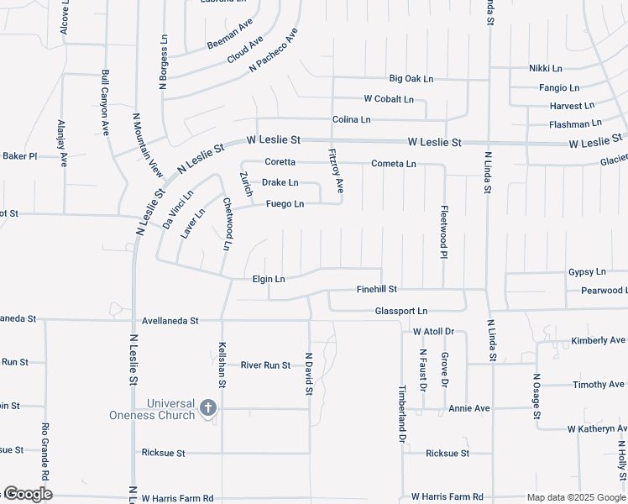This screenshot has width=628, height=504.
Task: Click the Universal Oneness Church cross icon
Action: [208, 409]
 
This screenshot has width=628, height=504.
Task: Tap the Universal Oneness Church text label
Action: [152, 409]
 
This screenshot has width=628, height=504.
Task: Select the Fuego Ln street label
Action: [285, 204]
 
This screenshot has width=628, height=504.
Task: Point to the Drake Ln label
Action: [280, 182]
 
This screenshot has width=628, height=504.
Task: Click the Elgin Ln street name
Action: [269, 279]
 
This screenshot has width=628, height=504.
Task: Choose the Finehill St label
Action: [376, 289]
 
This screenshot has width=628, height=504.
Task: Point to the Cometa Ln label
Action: [394, 164]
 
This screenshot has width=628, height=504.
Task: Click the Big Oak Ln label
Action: [411, 79]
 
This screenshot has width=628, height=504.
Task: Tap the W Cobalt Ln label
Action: [388, 99]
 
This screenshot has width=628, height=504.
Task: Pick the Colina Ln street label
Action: [351, 120]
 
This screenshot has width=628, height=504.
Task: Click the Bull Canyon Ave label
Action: [106, 102]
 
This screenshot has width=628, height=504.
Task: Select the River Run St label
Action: [264, 365]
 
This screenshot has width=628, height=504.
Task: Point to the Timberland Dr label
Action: [402, 414]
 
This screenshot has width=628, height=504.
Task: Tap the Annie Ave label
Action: [468, 409]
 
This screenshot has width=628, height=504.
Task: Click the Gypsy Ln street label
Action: [587, 272]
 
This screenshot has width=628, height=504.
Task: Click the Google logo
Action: [27, 494]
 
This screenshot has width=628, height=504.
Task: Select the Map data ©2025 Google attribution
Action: [575, 497]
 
